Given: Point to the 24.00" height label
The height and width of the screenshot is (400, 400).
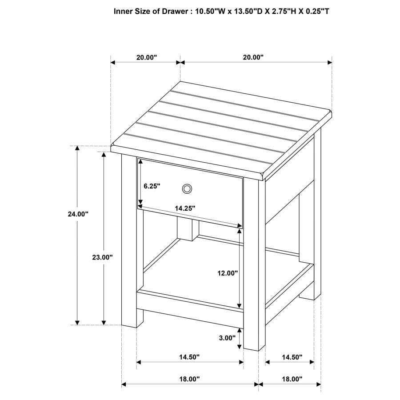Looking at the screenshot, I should (78, 214).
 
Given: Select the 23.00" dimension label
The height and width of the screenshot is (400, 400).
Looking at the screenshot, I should (103, 257).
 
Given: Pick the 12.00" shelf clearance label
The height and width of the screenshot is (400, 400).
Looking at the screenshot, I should (228, 273).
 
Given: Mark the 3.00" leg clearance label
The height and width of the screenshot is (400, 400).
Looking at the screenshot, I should (227, 338).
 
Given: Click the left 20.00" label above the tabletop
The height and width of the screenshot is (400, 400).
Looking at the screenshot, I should (147, 57).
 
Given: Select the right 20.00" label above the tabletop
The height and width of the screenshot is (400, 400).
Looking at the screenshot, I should (253, 57).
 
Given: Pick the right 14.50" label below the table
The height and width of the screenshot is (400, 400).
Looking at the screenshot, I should (292, 357).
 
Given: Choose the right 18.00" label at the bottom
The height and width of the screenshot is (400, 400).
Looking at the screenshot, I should (292, 379).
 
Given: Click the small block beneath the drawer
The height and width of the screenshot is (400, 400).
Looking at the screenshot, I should (187, 228).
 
